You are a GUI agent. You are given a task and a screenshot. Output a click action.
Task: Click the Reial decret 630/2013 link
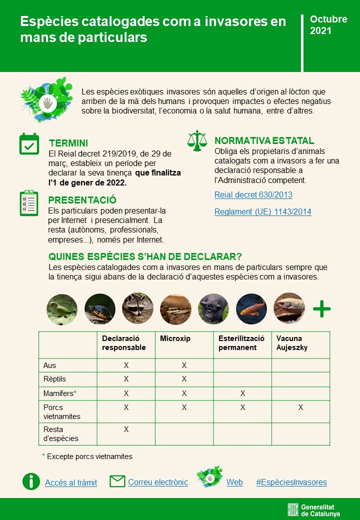pos(253,195)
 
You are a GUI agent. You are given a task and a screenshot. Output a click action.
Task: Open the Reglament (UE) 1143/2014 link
pos(262,212)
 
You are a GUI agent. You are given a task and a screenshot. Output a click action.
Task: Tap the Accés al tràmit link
pos(71,483)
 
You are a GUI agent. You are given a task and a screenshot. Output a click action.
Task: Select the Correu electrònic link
pos(158,482)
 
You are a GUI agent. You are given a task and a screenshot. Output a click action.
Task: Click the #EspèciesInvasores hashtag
pos(291,482)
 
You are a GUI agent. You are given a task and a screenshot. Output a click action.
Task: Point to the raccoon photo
pos(137,309)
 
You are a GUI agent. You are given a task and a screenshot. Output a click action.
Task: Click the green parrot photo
pos(62,309)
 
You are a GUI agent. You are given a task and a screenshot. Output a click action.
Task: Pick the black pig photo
pos(213,309)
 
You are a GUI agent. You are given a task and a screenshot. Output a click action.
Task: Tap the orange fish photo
pos(251,309)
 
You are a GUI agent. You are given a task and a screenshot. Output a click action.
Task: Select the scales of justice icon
pos(196,141)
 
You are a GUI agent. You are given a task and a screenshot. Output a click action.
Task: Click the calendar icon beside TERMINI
pos(29,144)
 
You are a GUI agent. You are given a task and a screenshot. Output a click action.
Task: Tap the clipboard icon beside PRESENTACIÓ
pos(29,202)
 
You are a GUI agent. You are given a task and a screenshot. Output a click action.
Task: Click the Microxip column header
pos(175,339)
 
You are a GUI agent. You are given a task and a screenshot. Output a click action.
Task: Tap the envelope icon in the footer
pos(117,481)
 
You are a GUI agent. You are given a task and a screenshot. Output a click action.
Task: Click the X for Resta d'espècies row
pos(126,429)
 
